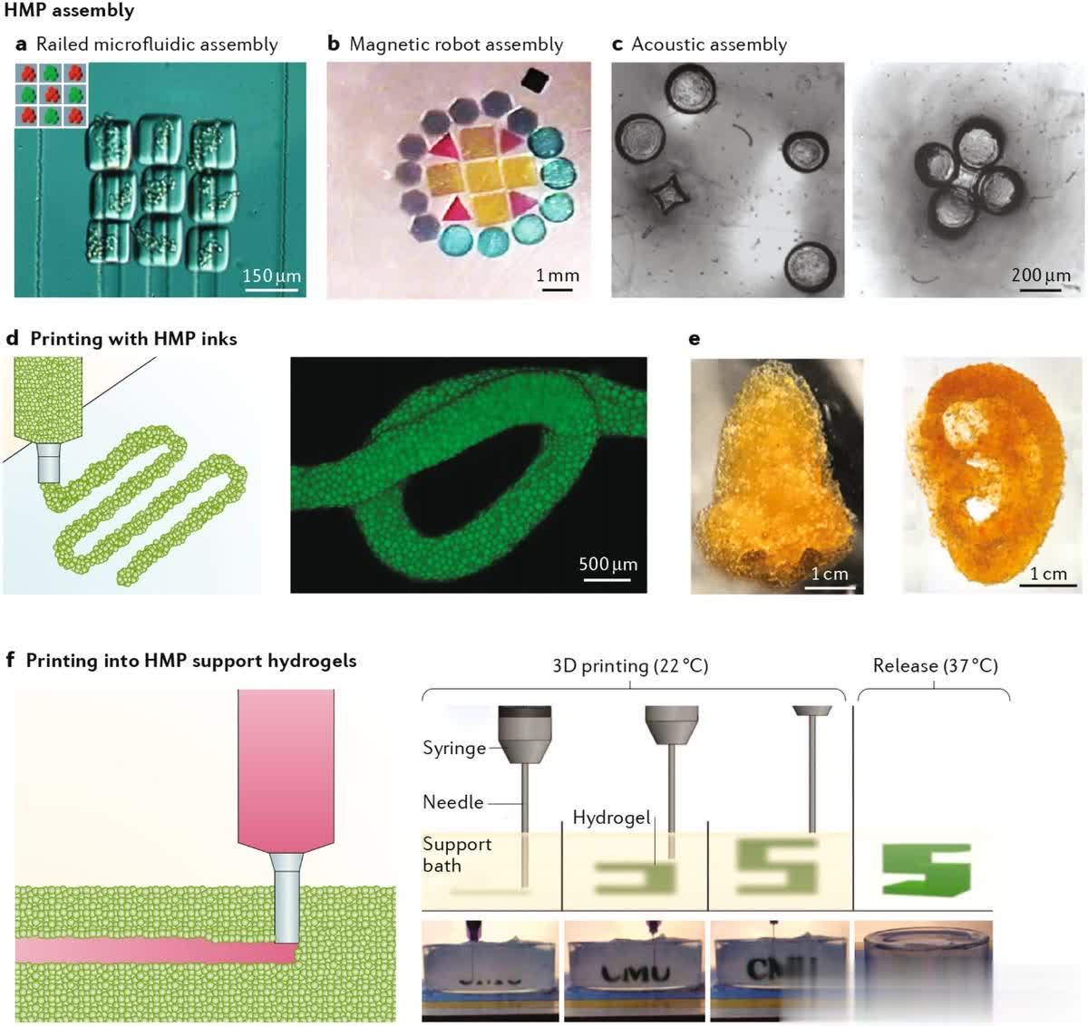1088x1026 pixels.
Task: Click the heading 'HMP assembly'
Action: (69, 11)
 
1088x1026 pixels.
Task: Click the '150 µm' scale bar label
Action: (272, 276)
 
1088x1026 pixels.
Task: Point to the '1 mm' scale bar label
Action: (557, 276)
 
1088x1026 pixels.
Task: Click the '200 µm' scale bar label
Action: (1041, 275)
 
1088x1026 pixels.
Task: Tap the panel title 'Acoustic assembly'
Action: (708, 44)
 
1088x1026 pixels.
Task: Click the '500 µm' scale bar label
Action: (607, 564)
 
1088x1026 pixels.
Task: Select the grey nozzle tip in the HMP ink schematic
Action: (48, 462)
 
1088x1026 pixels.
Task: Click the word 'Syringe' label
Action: (453, 749)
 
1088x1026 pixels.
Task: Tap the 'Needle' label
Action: (452, 802)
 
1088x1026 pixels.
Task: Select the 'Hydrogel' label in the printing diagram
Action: (611, 818)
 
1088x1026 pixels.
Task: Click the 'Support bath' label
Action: (456, 855)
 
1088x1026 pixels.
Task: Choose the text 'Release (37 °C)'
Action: (935, 665)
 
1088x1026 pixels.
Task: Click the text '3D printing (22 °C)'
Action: (630, 665)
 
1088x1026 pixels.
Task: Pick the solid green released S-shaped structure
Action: (926, 869)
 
